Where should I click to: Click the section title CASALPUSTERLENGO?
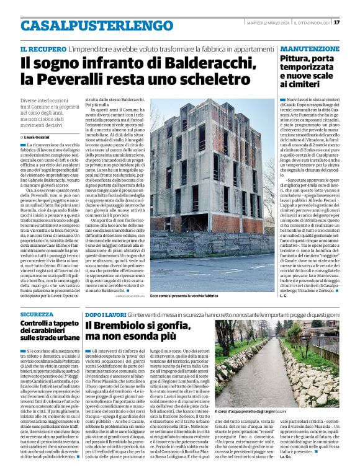click(88, 25)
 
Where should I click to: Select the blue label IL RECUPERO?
click(42, 48)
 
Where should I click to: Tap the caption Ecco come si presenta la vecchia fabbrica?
click(184, 296)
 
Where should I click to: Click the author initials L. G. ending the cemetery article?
click(283, 296)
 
